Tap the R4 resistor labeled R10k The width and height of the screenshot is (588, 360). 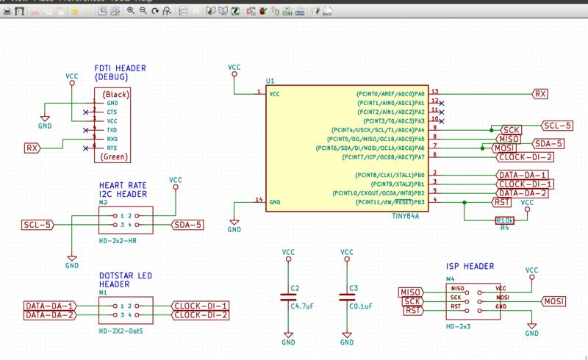505,220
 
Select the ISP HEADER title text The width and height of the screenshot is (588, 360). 470,267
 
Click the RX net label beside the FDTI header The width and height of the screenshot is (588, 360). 32,148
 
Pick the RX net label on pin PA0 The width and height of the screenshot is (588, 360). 541,94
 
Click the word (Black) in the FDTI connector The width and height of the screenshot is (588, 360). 116,95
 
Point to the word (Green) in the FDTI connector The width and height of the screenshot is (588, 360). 116,156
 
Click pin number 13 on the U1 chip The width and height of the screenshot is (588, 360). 435,90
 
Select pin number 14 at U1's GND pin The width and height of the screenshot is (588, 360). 258,199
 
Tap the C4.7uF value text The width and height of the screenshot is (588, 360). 303,305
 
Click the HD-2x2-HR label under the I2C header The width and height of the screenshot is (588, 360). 118,240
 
